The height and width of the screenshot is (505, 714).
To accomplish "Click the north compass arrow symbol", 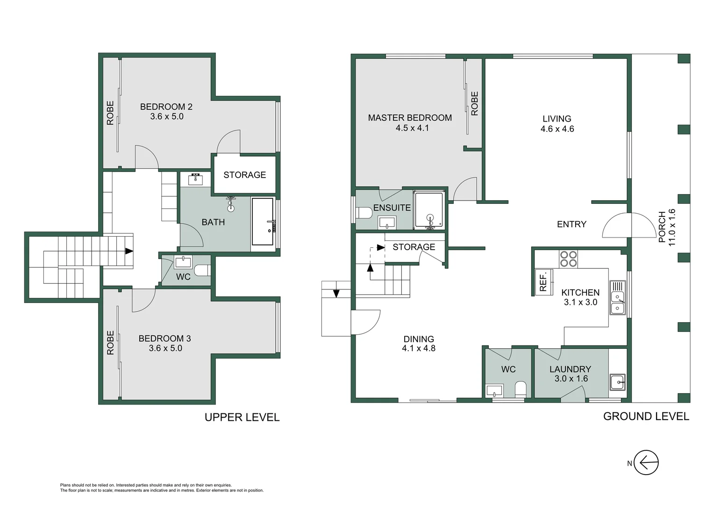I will pos(647,463).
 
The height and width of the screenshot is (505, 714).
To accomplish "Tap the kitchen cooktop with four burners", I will pos(568,259).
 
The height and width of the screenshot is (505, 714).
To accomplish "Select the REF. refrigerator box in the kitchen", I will pos(543,282).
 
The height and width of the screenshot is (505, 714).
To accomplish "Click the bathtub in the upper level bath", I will pos(263,222).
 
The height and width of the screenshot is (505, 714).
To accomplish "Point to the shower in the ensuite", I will pos(429,210).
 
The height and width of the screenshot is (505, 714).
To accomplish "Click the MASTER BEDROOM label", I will pos(410,118).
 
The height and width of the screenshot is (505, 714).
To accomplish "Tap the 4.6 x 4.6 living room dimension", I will pos(557,129).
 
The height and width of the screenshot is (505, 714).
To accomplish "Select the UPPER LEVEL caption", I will pos(242,418).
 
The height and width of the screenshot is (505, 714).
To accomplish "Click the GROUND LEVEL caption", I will pos(646,417).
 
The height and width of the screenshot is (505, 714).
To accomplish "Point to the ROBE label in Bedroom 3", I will pos(111,343).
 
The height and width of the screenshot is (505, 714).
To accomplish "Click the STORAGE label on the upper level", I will pos(244,175).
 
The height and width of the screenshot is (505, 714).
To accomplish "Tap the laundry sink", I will pos(617,382).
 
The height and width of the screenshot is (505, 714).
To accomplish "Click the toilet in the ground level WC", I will pos(520,389).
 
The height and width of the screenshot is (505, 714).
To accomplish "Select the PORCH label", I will pos(662,227).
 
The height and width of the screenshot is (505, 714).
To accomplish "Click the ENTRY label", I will pos(571,224).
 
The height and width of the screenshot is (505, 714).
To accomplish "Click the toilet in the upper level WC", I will pos(201,270).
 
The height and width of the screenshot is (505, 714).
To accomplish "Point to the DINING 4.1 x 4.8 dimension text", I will pos(419,348).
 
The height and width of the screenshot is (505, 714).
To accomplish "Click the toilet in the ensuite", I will pos(364,214).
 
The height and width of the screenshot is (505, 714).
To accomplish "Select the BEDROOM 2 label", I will pos(166,107).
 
